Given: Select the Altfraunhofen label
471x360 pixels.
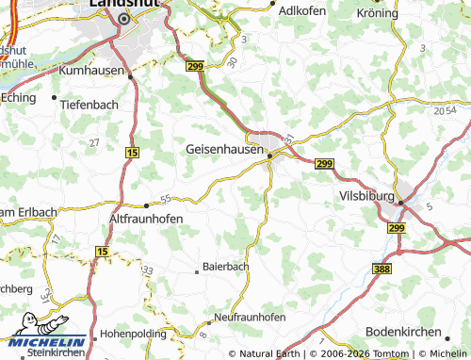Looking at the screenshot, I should pyautogui.click(x=146, y=218).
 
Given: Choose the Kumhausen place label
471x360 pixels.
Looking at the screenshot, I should pyautogui.click(x=92, y=71).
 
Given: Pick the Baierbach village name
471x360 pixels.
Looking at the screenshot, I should pyautogui.click(x=228, y=268).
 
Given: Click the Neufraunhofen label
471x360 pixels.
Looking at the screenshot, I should pyautogui.click(x=249, y=318).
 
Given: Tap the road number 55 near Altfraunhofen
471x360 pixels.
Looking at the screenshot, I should pyautogui.click(x=166, y=198).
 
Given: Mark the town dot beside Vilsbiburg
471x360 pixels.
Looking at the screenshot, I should pyautogui.click(x=400, y=201).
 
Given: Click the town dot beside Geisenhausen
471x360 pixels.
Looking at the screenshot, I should pyautogui.click(x=269, y=155).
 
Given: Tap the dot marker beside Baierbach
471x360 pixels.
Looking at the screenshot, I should pyautogui.click(x=198, y=269).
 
